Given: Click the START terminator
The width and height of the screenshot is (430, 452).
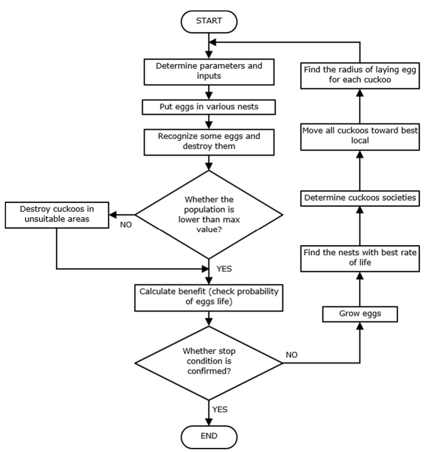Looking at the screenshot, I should [x=209, y=21].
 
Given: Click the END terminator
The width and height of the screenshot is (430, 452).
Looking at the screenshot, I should [x=209, y=436].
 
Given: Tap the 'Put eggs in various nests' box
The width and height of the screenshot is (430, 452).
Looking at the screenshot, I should [x=209, y=107].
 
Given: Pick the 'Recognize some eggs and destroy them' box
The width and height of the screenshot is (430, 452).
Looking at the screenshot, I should [x=209, y=141].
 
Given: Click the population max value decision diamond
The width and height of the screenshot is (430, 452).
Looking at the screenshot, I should [x=209, y=215].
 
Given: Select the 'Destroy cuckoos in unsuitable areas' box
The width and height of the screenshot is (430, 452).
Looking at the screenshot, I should [x=57, y=214].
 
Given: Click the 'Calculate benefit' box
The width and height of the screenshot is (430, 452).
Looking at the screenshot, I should [x=209, y=296].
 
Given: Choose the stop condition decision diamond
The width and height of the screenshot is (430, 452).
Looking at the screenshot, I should [x=209, y=362].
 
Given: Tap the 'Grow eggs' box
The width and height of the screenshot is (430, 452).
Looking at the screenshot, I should [x=360, y=314].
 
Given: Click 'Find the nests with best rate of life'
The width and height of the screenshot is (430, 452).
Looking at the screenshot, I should [x=360, y=257].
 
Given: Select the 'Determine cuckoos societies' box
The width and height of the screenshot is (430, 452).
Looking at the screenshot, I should [x=360, y=198].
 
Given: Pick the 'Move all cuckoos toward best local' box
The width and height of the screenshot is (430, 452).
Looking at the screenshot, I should [x=360, y=136].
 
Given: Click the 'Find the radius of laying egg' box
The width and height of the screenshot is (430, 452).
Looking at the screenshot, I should [x=360, y=74].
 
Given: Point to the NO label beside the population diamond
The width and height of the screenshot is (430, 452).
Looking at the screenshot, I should [x=126, y=225].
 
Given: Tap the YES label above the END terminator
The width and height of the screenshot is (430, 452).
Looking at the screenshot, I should [x=220, y=409].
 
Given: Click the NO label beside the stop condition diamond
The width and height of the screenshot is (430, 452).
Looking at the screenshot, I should [x=292, y=355].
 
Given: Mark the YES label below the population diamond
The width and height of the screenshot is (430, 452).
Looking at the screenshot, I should [x=224, y=269].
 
